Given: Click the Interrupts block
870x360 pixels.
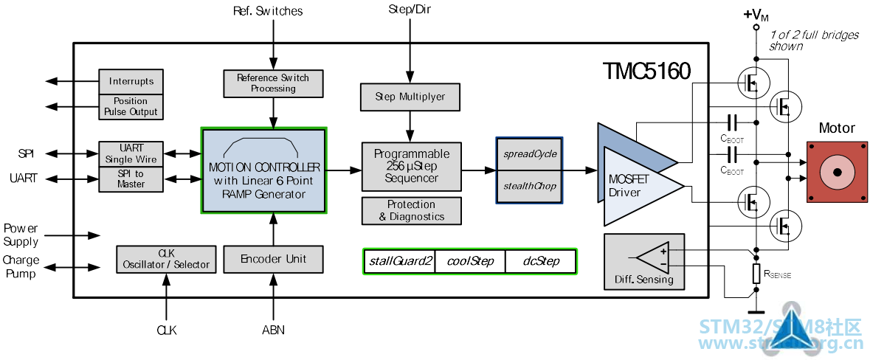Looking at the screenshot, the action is coord(131,82).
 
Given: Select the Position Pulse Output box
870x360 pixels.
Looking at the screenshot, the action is coord(131,106).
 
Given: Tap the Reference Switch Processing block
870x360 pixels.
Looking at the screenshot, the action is coord(273,83).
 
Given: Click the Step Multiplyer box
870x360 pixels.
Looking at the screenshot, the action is coord(410,97).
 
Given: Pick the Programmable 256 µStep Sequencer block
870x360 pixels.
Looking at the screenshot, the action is coord(411,167).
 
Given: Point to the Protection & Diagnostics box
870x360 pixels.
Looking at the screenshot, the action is coord(411,211).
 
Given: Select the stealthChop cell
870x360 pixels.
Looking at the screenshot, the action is coord(529,187).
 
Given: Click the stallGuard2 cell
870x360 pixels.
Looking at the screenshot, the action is coord(399,261).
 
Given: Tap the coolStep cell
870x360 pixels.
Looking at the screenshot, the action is coord(470,261).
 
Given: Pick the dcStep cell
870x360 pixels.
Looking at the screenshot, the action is coord(540,261).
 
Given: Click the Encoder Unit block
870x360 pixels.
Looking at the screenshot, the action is coord(273,259).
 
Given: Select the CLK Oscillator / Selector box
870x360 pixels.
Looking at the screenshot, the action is coord(167,259).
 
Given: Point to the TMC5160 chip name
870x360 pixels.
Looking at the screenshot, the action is coord(647,71).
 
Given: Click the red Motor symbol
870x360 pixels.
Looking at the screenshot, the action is coord(837,171).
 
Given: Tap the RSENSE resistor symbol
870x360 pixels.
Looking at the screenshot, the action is coord(755,274).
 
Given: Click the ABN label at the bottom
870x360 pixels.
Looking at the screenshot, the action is coord(273,330).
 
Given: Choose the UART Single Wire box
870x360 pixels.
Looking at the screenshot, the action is coord(131,153).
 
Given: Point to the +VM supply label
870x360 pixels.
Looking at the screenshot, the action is coord(756,15).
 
